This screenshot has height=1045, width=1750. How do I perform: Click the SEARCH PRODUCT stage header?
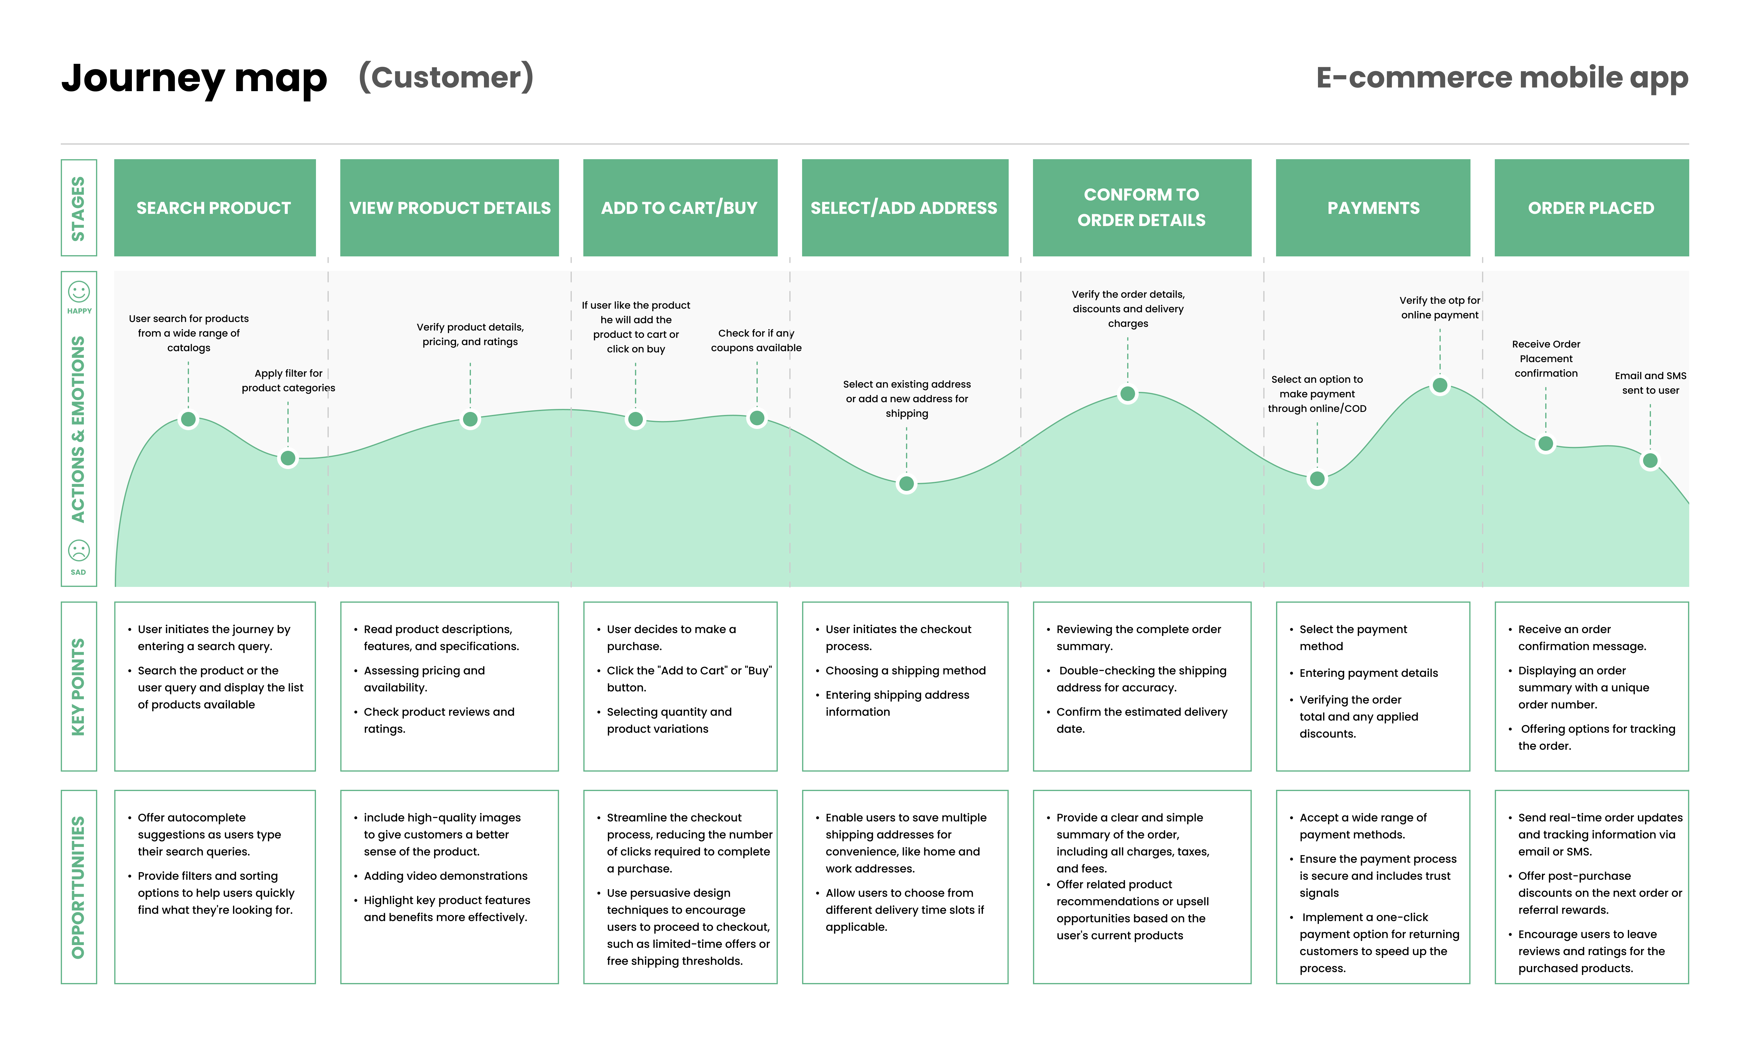[214, 208]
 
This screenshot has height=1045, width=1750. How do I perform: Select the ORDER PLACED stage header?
[1591, 208]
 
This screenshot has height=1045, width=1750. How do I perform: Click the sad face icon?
[79, 550]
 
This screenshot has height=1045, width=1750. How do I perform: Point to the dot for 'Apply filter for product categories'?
[288, 458]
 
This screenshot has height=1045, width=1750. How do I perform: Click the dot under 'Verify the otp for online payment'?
[1439, 385]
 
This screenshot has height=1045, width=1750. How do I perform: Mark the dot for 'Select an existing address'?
[906, 484]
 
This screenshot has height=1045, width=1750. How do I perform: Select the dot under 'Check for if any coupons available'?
[757, 418]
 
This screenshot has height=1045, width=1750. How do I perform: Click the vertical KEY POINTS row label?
[78, 687]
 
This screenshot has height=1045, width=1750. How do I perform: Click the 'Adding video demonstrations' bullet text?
[445, 876]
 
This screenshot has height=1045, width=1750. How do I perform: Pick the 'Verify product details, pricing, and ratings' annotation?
[470, 334]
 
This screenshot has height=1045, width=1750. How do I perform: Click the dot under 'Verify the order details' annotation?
[1127, 394]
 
